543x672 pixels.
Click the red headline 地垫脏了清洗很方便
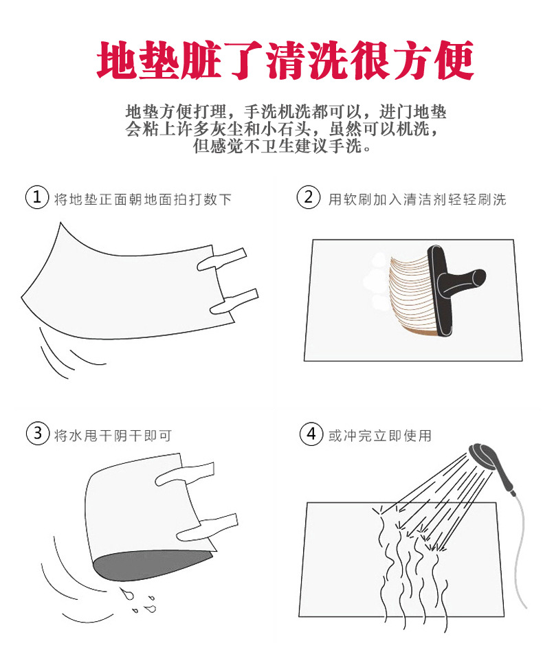[285, 60]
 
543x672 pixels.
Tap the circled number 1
[37, 197]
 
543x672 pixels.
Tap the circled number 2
[309, 197]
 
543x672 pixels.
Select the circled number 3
[38, 434]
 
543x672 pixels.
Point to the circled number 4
[311, 434]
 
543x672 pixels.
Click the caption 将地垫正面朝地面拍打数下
[143, 199]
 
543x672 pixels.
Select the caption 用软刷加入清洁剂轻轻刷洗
[417, 199]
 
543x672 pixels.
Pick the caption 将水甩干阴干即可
[113, 436]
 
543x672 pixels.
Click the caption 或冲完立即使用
[379, 436]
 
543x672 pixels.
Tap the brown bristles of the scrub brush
[409, 295]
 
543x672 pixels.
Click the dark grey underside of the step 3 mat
[150, 565]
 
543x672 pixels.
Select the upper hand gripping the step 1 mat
[222, 260]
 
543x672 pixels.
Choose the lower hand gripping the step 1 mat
[234, 301]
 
